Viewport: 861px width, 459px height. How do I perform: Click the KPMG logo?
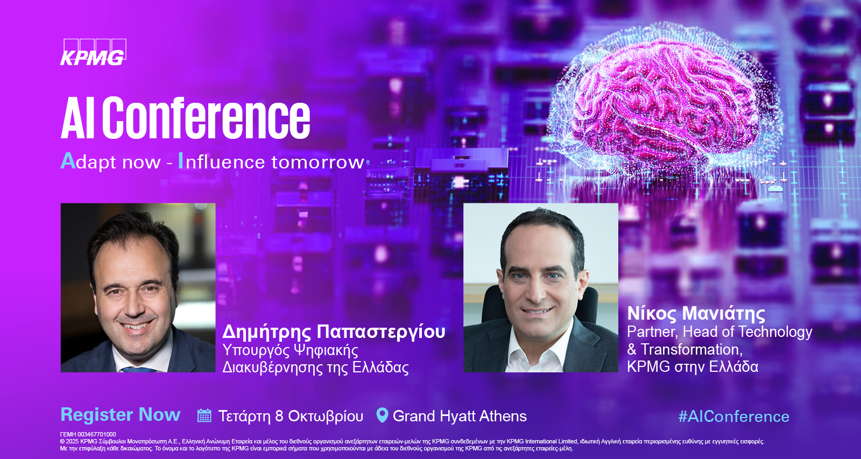click(x=94, y=52)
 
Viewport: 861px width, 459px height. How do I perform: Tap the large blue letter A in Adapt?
click(x=68, y=161)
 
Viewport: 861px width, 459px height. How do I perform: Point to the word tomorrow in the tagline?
click(x=317, y=162)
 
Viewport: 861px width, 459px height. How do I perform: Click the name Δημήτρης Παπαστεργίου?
click(x=334, y=332)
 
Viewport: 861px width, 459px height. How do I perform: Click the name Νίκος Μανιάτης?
click(x=696, y=313)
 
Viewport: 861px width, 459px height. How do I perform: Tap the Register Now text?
click(x=121, y=414)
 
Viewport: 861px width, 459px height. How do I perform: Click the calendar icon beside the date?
click(x=204, y=415)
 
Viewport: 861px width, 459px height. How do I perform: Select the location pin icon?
click(x=382, y=415)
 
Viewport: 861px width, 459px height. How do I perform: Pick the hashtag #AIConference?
click(x=734, y=416)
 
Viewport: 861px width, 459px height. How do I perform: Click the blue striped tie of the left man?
click(x=139, y=370)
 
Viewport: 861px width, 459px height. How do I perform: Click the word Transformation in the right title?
click(x=691, y=349)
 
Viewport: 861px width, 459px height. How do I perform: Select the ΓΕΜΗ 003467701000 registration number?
click(x=88, y=434)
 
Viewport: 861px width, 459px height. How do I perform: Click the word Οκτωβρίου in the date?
click(x=326, y=416)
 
